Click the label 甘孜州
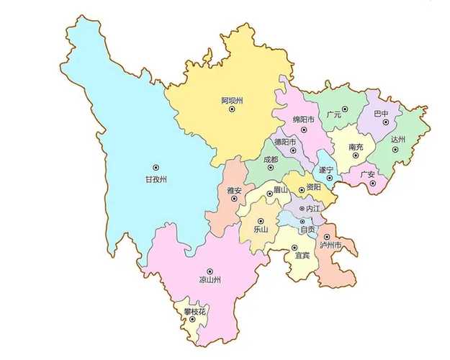coord(156,180)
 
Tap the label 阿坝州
coord(232,100)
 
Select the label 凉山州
coord(210,279)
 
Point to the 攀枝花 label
coord(194,311)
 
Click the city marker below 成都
coord(271,168)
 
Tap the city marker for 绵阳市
coord(304,130)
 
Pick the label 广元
coord(333,114)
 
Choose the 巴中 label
coord(381,114)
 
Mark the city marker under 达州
coord(395,149)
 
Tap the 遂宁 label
coord(326,169)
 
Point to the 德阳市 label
coord(285,142)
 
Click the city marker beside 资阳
coord(302,189)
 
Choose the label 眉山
coord(279,189)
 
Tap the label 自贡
coord(307,230)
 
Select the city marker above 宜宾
coord(294,248)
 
